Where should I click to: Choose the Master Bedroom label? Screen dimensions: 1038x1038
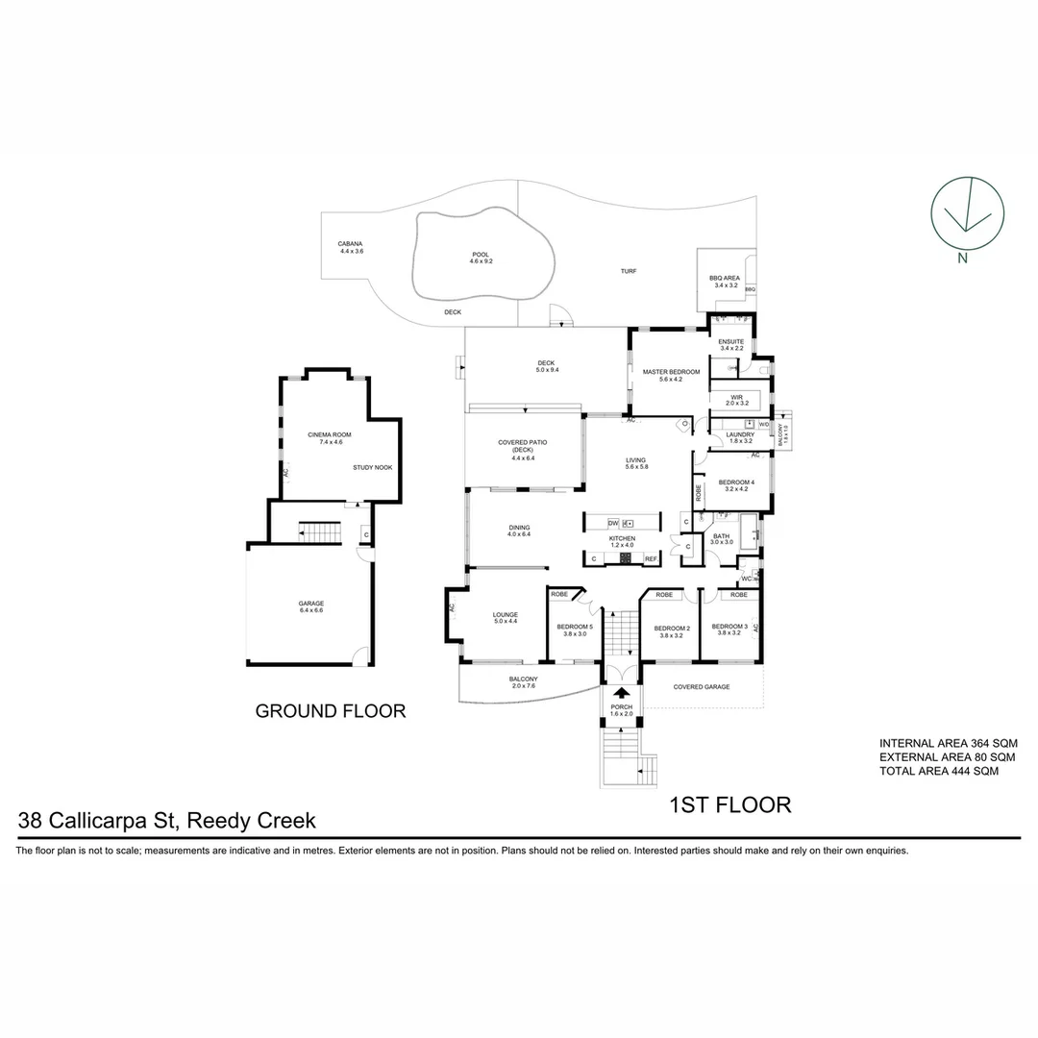tap(670, 375)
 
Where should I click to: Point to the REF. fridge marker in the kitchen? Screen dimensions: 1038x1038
tap(651, 558)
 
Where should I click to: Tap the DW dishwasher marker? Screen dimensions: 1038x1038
tap(613, 523)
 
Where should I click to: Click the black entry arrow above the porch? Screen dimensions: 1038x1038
tap(622, 692)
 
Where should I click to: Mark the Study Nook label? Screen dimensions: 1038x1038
tap(372, 468)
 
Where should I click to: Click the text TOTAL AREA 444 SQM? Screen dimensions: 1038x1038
tap(939, 771)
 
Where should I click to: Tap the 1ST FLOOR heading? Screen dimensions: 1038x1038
tap(729, 804)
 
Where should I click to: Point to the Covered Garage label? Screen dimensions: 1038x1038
tap(702, 687)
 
